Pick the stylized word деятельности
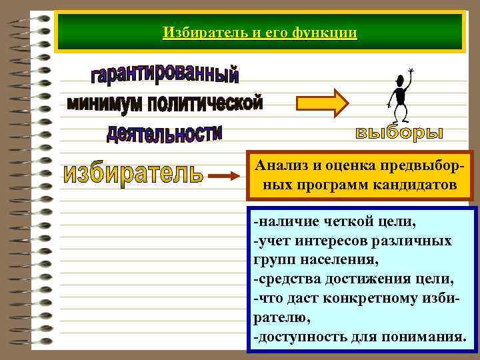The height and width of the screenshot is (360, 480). coord(164,132)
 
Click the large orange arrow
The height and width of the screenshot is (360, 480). coord(321,103)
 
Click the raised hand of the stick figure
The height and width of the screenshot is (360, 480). coord(411,70)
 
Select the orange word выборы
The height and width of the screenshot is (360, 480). coord(398,133)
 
